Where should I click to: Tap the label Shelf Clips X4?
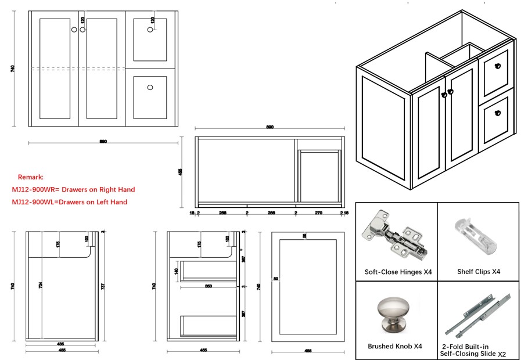[x=479, y=271]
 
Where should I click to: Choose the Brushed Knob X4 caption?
[x=395, y=346]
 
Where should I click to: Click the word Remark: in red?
[x=31, y=177]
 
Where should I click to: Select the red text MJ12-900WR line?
[x=73, y=189]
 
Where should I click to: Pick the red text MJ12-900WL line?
[x=70, y=202]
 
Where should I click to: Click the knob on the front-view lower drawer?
[x=150, y=88]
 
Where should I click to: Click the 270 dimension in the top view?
[x=318, y=213]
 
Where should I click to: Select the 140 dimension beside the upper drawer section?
[x=176, y=271]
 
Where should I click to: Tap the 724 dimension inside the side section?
[x=41, y=286]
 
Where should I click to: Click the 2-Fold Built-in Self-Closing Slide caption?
[x=471, y=350]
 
